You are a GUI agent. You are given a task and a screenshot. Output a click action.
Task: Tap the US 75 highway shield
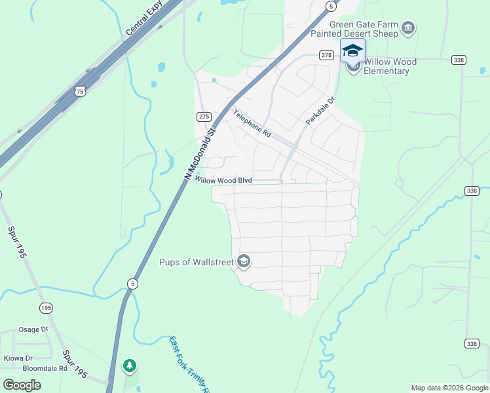pos(79,92)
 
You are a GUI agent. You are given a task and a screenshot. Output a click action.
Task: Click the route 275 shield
pos(204,116)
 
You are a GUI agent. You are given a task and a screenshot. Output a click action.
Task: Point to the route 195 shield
pos(45,307)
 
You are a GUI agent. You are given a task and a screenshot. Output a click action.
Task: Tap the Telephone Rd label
pos(252,122)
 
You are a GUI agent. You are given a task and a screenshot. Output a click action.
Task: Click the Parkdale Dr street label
pos(320,111)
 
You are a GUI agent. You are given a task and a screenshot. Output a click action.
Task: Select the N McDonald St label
pos(200,154)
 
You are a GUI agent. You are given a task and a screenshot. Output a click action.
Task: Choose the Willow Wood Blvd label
pos(223,180)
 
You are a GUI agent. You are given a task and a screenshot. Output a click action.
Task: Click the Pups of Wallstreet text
pos(197,262)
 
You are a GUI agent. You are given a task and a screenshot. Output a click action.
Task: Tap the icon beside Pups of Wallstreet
pos(244,262)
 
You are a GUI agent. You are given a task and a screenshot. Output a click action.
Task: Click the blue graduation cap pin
pos(352,51)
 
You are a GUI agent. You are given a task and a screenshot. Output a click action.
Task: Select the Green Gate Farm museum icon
pos(409,28)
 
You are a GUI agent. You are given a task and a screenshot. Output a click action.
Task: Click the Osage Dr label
pos(33,329)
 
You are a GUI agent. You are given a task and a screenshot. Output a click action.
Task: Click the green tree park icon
pos(130,365)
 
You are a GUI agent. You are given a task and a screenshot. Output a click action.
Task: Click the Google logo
pos(22,384)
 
